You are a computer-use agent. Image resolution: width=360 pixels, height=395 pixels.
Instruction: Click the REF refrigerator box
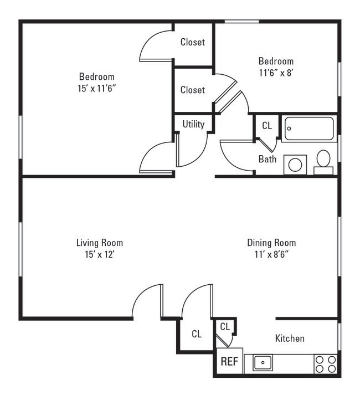point(229,362)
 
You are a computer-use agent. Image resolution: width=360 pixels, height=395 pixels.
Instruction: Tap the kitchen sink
point(263,363)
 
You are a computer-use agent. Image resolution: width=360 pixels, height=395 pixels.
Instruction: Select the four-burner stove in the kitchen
point(326,364)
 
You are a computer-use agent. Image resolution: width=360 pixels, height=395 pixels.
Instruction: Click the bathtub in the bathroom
point(308,129)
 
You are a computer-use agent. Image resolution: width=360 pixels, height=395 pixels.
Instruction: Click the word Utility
point(193,124)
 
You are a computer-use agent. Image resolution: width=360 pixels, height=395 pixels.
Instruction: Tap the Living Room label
point(100,243)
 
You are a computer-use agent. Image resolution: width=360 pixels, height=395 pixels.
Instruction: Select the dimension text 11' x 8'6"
point(271,254)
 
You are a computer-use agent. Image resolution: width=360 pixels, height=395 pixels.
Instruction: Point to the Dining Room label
point(271,243)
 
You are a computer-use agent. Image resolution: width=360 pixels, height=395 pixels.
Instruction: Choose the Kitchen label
point(290,338)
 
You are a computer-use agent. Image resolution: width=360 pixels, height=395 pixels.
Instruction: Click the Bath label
point(268,160)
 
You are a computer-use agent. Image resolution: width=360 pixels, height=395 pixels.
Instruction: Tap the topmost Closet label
point(193,42)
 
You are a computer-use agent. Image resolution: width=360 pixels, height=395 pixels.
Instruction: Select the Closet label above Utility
point(193,90)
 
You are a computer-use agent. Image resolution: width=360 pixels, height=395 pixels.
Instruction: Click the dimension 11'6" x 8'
point(276,72)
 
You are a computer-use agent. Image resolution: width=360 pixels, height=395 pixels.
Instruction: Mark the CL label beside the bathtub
point(267,126)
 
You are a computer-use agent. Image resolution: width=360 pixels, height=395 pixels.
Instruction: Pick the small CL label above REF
point(225,327)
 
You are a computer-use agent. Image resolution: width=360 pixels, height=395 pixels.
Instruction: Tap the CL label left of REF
point(196,334)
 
